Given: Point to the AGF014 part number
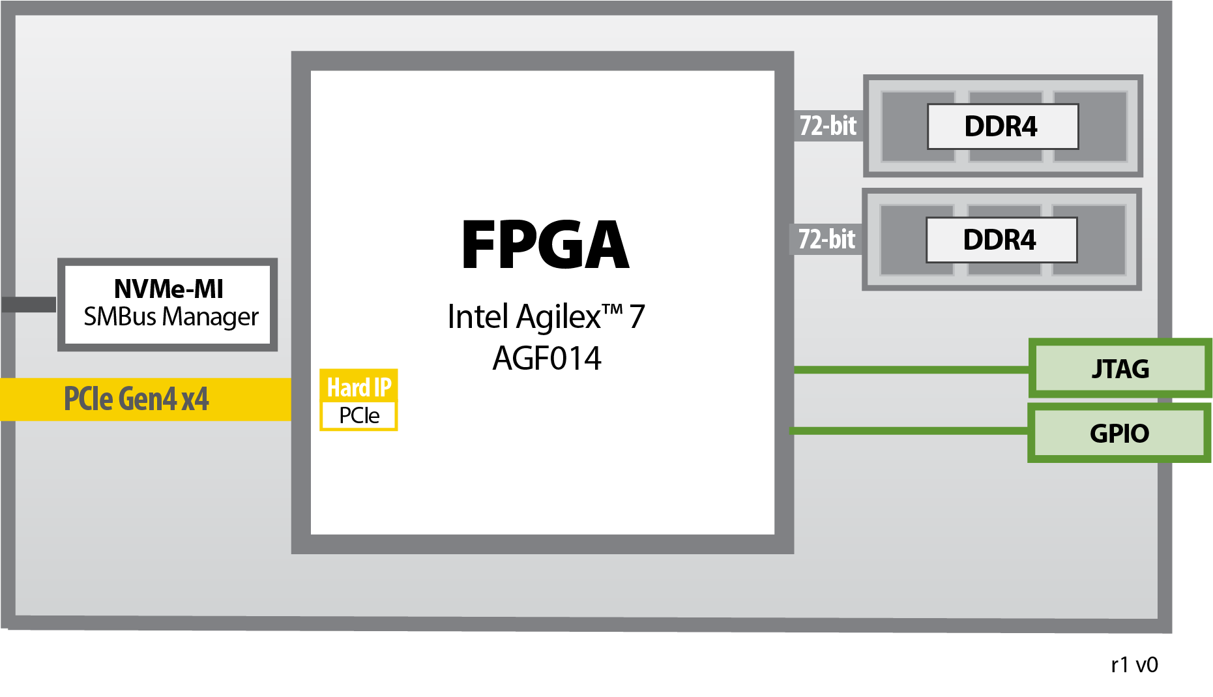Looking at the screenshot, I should (546, 358).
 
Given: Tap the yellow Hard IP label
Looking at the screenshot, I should (358, 387).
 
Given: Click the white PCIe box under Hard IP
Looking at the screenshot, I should (358, 415).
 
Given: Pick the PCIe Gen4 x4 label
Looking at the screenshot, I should (136, 399).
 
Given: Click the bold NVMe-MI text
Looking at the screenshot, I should (168, 289).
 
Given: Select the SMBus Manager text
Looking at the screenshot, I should (171, 317).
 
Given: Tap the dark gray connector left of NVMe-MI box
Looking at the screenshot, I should (29, 304).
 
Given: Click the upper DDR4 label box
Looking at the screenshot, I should (1002, 126).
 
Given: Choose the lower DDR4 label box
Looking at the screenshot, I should (1001, 240).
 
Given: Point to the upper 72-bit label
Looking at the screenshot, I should (828, 126).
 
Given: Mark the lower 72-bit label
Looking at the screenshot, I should (826, 239).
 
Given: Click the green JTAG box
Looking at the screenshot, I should (1120, 368).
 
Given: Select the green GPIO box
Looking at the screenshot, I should (1118, 433).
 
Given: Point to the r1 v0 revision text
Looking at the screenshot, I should (1134, 664).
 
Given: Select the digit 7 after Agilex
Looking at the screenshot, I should (637, 318).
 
